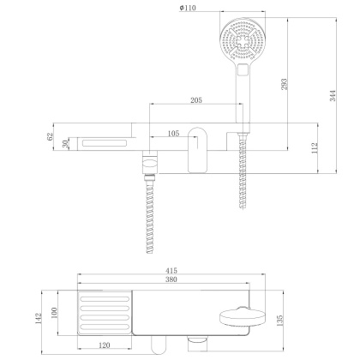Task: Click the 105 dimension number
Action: (x=173, y=134)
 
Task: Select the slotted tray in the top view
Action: (x=105, y=314)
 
